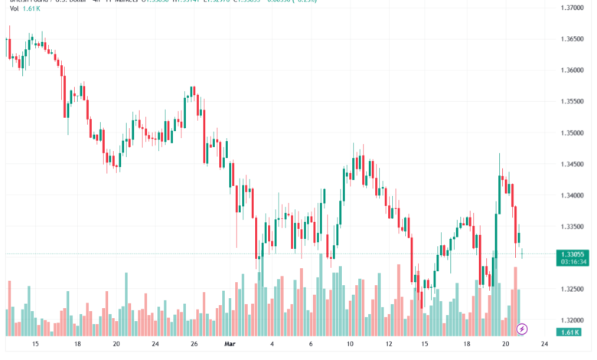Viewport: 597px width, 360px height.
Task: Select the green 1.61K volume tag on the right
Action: [568, 332]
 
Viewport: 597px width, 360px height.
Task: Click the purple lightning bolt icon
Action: [522, 329]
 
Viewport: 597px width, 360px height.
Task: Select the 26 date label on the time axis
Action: [194, 345]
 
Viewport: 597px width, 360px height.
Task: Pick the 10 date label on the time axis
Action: [350, 345]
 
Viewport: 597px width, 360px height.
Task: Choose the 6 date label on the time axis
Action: [312, 345]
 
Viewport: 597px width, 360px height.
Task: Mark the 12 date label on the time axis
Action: [389, 345]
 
